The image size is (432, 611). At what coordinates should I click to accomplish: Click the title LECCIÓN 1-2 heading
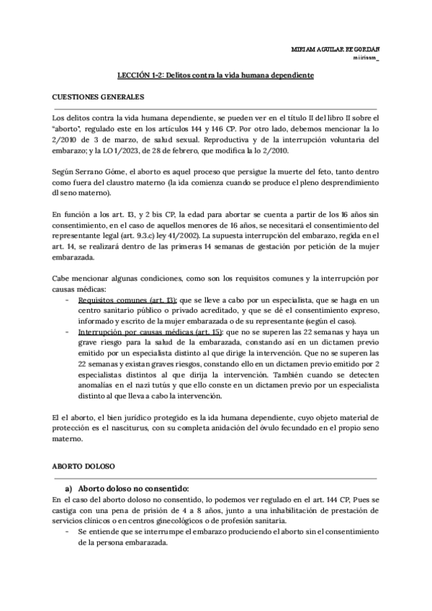click(x=215, y=75)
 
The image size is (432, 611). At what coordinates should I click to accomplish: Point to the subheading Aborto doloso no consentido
click(x=132, y=488)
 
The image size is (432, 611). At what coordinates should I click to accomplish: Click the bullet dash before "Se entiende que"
click(x=67, y=532)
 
